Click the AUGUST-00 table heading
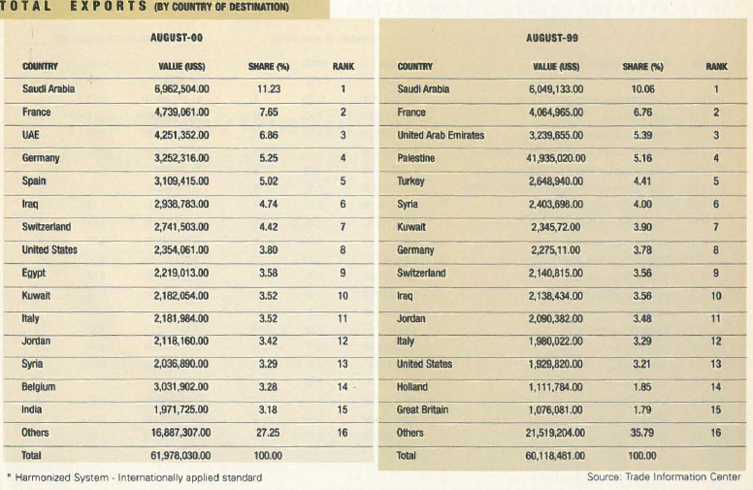pos(176,37)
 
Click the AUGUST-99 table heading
pos(551,37)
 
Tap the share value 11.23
pos(268,90)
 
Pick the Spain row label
pos(35,180)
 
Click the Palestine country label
pos(417,158)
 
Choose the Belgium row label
pos(39,386)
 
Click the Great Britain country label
pos(423,409)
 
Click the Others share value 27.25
pos(268,433)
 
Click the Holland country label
pos(414,386)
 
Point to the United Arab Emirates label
pos(441,135)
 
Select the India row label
pos(32,409)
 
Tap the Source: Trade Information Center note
pos(664,477)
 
